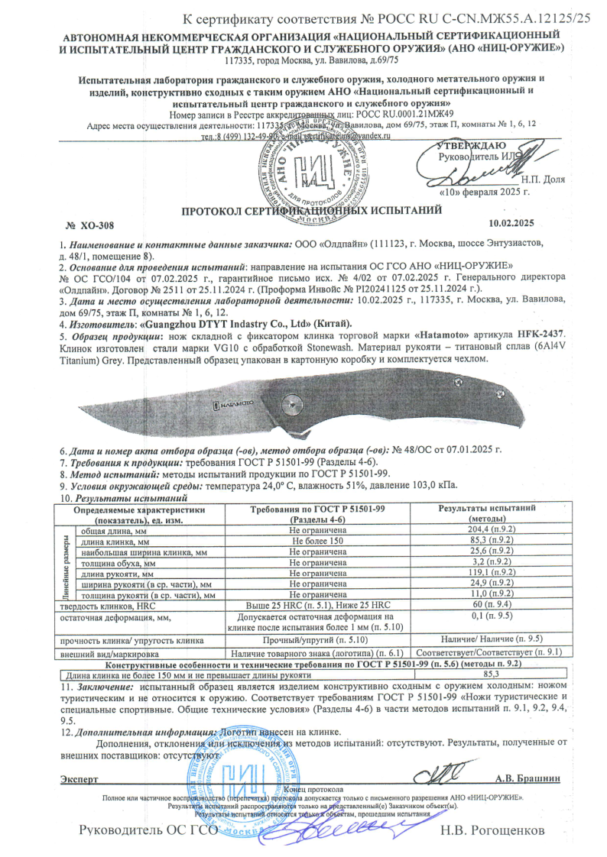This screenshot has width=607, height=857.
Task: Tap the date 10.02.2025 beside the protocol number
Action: [510, 224]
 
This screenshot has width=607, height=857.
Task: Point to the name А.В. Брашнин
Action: [528, 779]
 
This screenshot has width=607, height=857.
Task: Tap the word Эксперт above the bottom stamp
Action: [79, 779]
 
